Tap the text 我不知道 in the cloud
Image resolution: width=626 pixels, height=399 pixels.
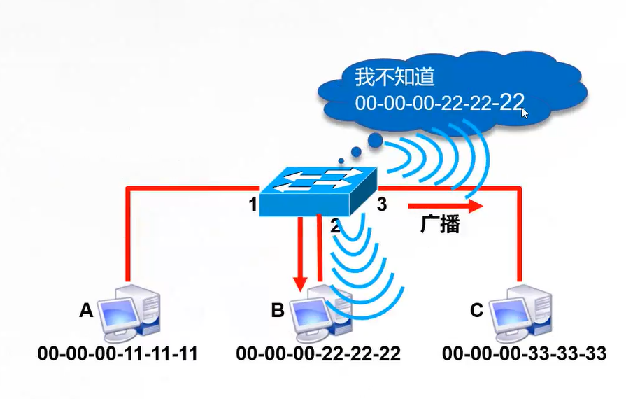pos(395,76)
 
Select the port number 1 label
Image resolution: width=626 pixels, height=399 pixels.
pos(252,205)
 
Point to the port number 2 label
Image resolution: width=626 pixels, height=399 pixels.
pos(335,225)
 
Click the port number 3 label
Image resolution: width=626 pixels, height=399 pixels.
pos(382,205)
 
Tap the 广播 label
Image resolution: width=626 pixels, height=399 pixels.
pos(440,225)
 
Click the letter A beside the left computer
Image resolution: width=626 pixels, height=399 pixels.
pos(86,309)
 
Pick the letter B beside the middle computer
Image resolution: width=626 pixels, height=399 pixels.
pos(278,309)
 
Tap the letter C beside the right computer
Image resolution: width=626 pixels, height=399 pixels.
pos(476,309)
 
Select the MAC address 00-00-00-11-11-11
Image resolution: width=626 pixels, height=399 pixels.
pos(118,354)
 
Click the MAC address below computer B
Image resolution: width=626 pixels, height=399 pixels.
pos(318,354)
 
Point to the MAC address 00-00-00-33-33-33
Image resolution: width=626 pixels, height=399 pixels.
pos(524,354)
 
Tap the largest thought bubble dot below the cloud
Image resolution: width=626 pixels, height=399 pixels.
pos(376,141)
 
